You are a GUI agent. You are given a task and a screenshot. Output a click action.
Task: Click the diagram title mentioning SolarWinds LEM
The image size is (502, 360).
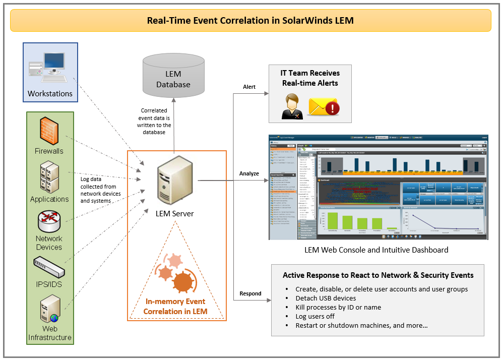(x=250, y=21)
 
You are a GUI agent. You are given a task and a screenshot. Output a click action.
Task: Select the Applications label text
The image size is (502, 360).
(x=49, y=199)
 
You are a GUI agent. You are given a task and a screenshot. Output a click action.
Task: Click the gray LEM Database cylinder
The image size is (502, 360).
(x=173, y=76)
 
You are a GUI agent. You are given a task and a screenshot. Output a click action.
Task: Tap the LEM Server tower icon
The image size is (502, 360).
(x=174, y=183)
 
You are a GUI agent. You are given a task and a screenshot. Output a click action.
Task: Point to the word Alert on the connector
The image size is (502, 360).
(x=249, y=87)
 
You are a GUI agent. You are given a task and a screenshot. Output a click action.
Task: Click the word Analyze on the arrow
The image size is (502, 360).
(x=249, y=173)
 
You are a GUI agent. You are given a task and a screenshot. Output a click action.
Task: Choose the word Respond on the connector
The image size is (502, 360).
(x=250, y=293)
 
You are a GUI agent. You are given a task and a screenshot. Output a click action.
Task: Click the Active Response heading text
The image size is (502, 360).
(x=378, y=275)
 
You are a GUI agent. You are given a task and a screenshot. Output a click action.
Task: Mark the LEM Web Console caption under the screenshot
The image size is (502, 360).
(x=376, y=250)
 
